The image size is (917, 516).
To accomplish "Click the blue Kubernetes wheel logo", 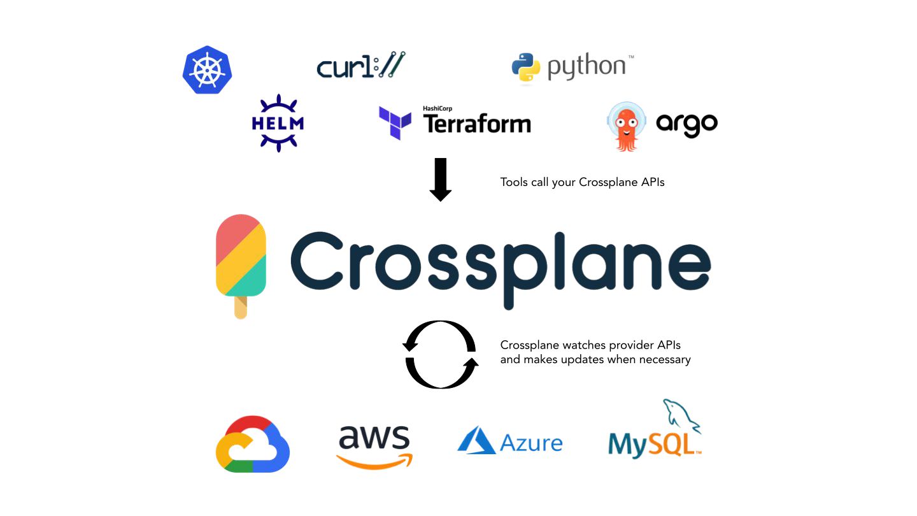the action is coord(207,70).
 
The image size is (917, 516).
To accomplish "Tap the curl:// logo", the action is coord(361,66).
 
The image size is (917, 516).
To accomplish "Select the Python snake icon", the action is coord(526,69).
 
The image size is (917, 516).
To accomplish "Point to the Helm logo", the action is coord(278,123).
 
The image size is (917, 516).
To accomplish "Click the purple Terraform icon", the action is coord(395,122).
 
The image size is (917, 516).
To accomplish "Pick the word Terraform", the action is coord(477,123).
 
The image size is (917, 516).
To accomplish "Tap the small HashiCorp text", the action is coord(437,109).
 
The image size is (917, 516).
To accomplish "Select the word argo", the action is coord(686,124).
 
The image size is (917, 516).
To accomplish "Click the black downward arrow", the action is coord(441,179).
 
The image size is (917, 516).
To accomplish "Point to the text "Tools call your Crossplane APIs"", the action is coord(582,182).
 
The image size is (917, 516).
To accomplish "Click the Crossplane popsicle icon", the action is coord(241,258).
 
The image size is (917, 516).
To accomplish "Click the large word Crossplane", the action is coord(501,262).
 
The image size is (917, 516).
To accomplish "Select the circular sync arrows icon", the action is coord(441,354).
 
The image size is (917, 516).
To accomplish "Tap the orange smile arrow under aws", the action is coord(374,461).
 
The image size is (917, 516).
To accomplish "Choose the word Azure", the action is coord(531,442).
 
